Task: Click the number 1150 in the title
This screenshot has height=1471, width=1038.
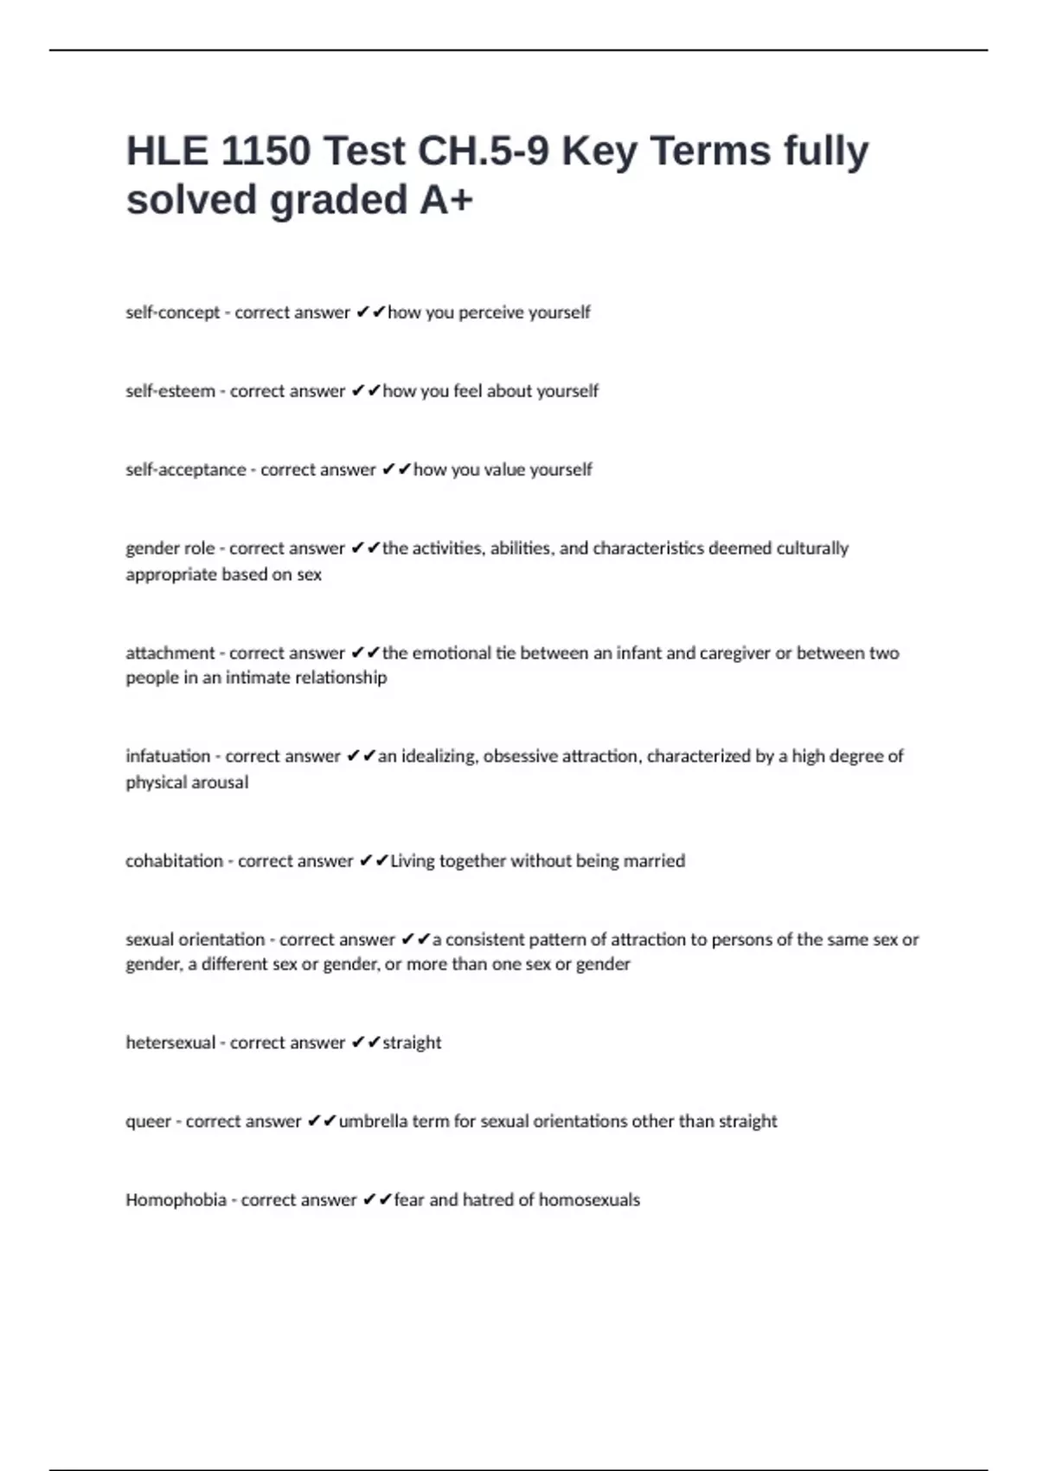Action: (266, 151)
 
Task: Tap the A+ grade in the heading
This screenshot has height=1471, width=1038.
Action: (446, 199)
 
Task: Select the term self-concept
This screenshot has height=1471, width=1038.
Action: (173, 312)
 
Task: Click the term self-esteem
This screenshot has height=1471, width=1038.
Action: (170, 391)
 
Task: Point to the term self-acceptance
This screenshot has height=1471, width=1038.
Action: (186, 470)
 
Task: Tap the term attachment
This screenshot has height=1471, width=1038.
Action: (170, 653)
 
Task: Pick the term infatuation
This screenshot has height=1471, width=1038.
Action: (168, 756)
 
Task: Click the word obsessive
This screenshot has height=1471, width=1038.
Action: (520, 756)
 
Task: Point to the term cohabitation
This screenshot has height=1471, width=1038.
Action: (174, 861)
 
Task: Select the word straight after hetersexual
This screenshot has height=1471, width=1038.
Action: (412, 1043)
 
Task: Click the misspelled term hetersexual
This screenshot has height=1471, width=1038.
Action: (170, 1043)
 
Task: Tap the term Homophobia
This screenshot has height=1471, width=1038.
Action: (176, 1200)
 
